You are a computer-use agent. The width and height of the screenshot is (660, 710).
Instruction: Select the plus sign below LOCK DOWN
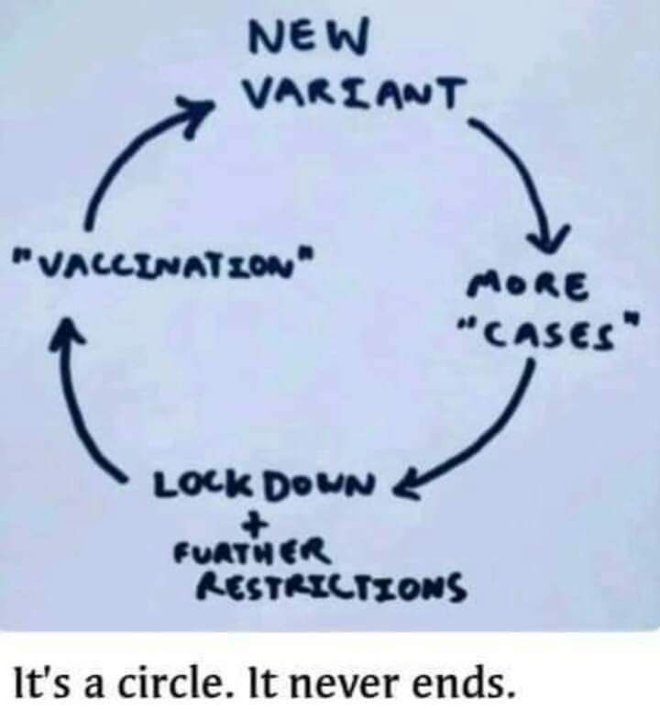pyautogui.click(x=259, y=524)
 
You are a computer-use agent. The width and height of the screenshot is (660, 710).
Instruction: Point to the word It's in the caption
pyautogui.click(x=36, y=680)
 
